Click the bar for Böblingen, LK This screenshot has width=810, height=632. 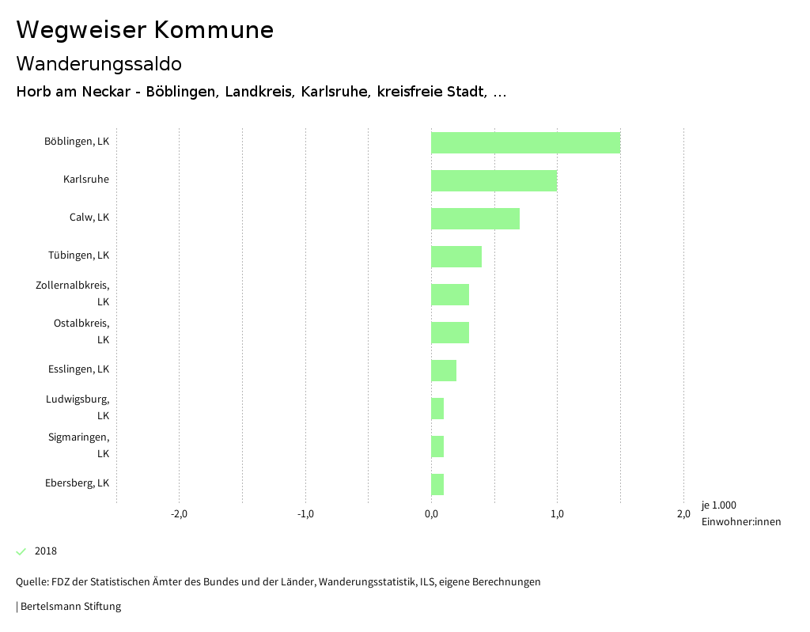coord(525,142)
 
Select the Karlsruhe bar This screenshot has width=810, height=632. coord(494,180)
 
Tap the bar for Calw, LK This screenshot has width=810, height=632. coord(475,218)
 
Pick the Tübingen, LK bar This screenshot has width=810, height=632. coord(456,256)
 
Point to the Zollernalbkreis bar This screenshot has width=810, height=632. coord(450,294)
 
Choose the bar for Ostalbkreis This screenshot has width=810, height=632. coord(450,332)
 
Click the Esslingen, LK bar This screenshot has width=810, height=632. coord(444,370)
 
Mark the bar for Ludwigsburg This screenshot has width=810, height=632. coord(437,408)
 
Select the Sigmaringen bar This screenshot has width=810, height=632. coord(437,446)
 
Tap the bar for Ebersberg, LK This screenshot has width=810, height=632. coord(437,484)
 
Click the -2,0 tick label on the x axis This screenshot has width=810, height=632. coord(179,514)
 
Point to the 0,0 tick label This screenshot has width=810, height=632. coord(431,514)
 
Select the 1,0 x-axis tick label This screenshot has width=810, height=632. coord(557,514)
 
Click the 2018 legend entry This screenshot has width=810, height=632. coord(45,551)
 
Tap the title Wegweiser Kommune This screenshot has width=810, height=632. coord(145,30)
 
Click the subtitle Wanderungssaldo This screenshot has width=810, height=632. coord(99,63)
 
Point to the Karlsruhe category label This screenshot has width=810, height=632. coord(86,180)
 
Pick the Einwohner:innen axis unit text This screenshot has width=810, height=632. coord(740,521)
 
